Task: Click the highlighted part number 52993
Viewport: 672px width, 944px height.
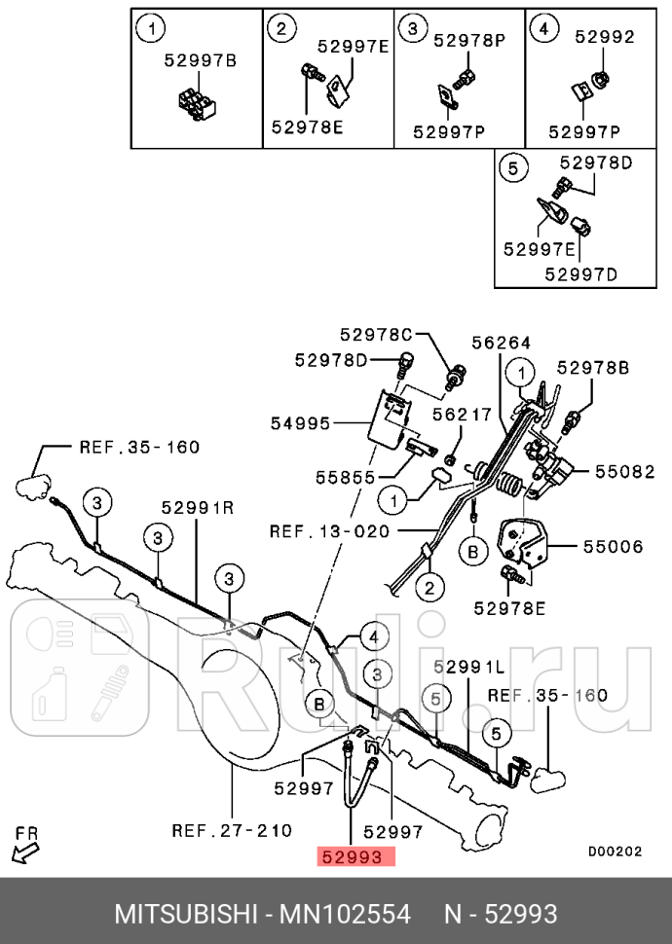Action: [355, 856]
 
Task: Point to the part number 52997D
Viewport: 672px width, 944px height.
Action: [581, 274]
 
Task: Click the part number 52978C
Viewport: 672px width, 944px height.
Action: [376, 334]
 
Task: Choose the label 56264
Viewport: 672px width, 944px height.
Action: [502, 343]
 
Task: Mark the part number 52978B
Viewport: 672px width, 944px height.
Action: [593, 367]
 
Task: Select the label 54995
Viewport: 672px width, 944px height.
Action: [300, 423]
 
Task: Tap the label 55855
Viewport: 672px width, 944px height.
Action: [344, 478]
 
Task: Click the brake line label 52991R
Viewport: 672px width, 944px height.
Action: [198, 507]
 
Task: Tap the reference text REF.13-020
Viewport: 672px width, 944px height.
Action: [330, 531]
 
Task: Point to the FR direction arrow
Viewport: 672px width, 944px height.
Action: [25, 847]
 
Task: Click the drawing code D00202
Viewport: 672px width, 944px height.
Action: [615, 851]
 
